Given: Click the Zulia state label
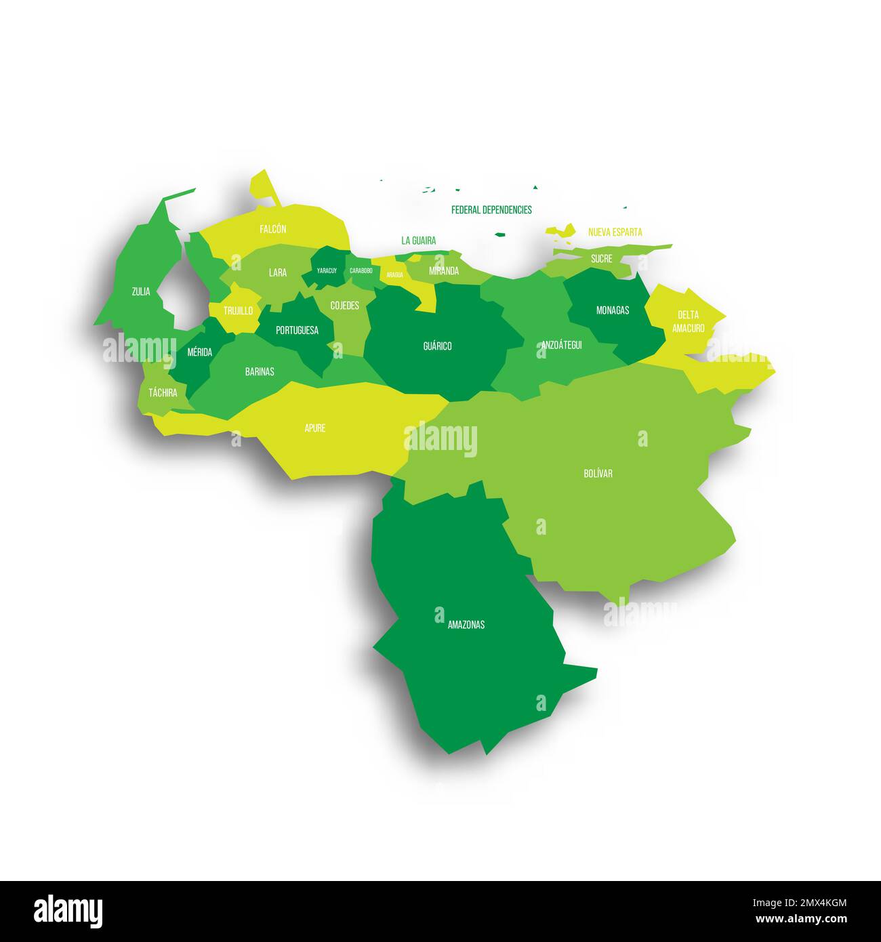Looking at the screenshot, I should (141, 292).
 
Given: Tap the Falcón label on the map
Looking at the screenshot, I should (272, 229).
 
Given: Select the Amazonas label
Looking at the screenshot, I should (466, 625).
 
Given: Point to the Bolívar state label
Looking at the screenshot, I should (598, 474).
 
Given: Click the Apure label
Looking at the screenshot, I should (314, 428).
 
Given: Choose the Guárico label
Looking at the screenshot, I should (437, 346).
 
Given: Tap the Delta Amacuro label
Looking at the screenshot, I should (688, 322).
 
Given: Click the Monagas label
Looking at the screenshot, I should (612, 310).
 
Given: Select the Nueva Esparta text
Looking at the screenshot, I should (615, 232).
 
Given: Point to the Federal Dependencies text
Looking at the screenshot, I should (491, 210).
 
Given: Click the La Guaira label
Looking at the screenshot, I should (418, 241).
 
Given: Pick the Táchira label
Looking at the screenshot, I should (163, 392).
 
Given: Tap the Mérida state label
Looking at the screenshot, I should (199, 352).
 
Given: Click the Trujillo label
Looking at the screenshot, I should (238, 311).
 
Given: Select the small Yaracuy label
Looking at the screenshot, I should (327, 271).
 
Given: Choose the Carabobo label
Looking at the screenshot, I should (361, 271).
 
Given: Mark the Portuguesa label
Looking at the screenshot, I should (297, 331).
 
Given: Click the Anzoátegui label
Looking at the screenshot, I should (561, 345).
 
